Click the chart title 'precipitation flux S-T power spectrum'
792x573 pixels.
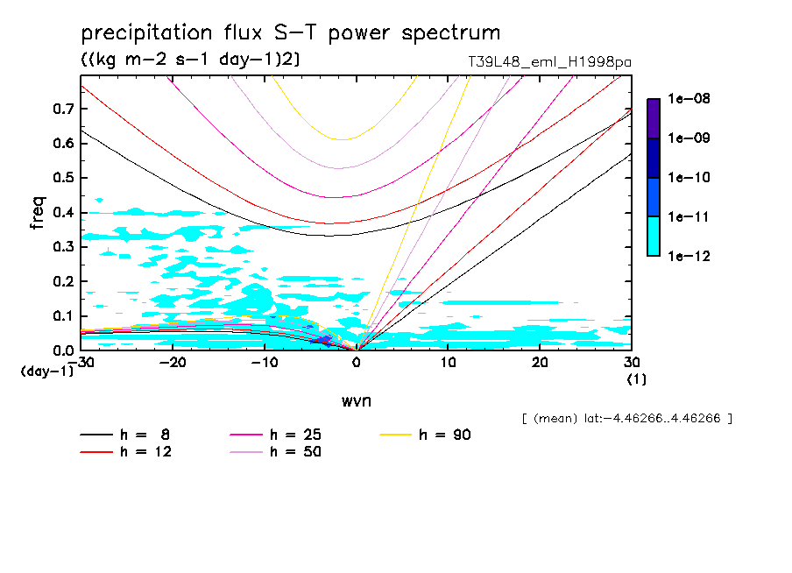(x=291, y=33)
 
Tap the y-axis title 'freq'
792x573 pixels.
(x=38, y=213)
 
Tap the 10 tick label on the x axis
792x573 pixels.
(x=448, y=363)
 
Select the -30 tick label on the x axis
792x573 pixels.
(x=81, y=363)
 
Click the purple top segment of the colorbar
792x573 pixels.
(x=654, y=118)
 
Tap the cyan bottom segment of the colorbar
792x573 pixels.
(x=654, y=236)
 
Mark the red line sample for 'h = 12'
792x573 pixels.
(x=97, y=451)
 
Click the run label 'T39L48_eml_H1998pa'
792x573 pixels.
(x=550, y=62)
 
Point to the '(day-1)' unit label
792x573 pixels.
(x=46, y=371)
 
